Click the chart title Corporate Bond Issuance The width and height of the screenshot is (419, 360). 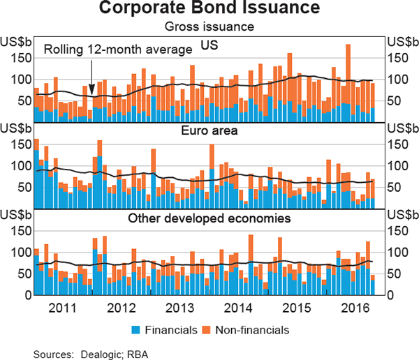209,9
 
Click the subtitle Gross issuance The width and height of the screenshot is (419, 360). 209,27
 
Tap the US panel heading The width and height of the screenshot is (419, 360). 209,45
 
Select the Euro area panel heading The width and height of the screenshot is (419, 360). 209,130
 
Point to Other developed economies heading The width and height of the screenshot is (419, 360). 209,218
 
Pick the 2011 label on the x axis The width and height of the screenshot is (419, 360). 63,307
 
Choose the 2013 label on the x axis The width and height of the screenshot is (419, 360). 179,307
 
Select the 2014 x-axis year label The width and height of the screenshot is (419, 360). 238,307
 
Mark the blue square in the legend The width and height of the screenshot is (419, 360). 136,329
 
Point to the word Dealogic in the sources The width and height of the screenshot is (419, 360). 103,354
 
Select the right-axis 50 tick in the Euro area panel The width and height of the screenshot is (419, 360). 396,187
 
